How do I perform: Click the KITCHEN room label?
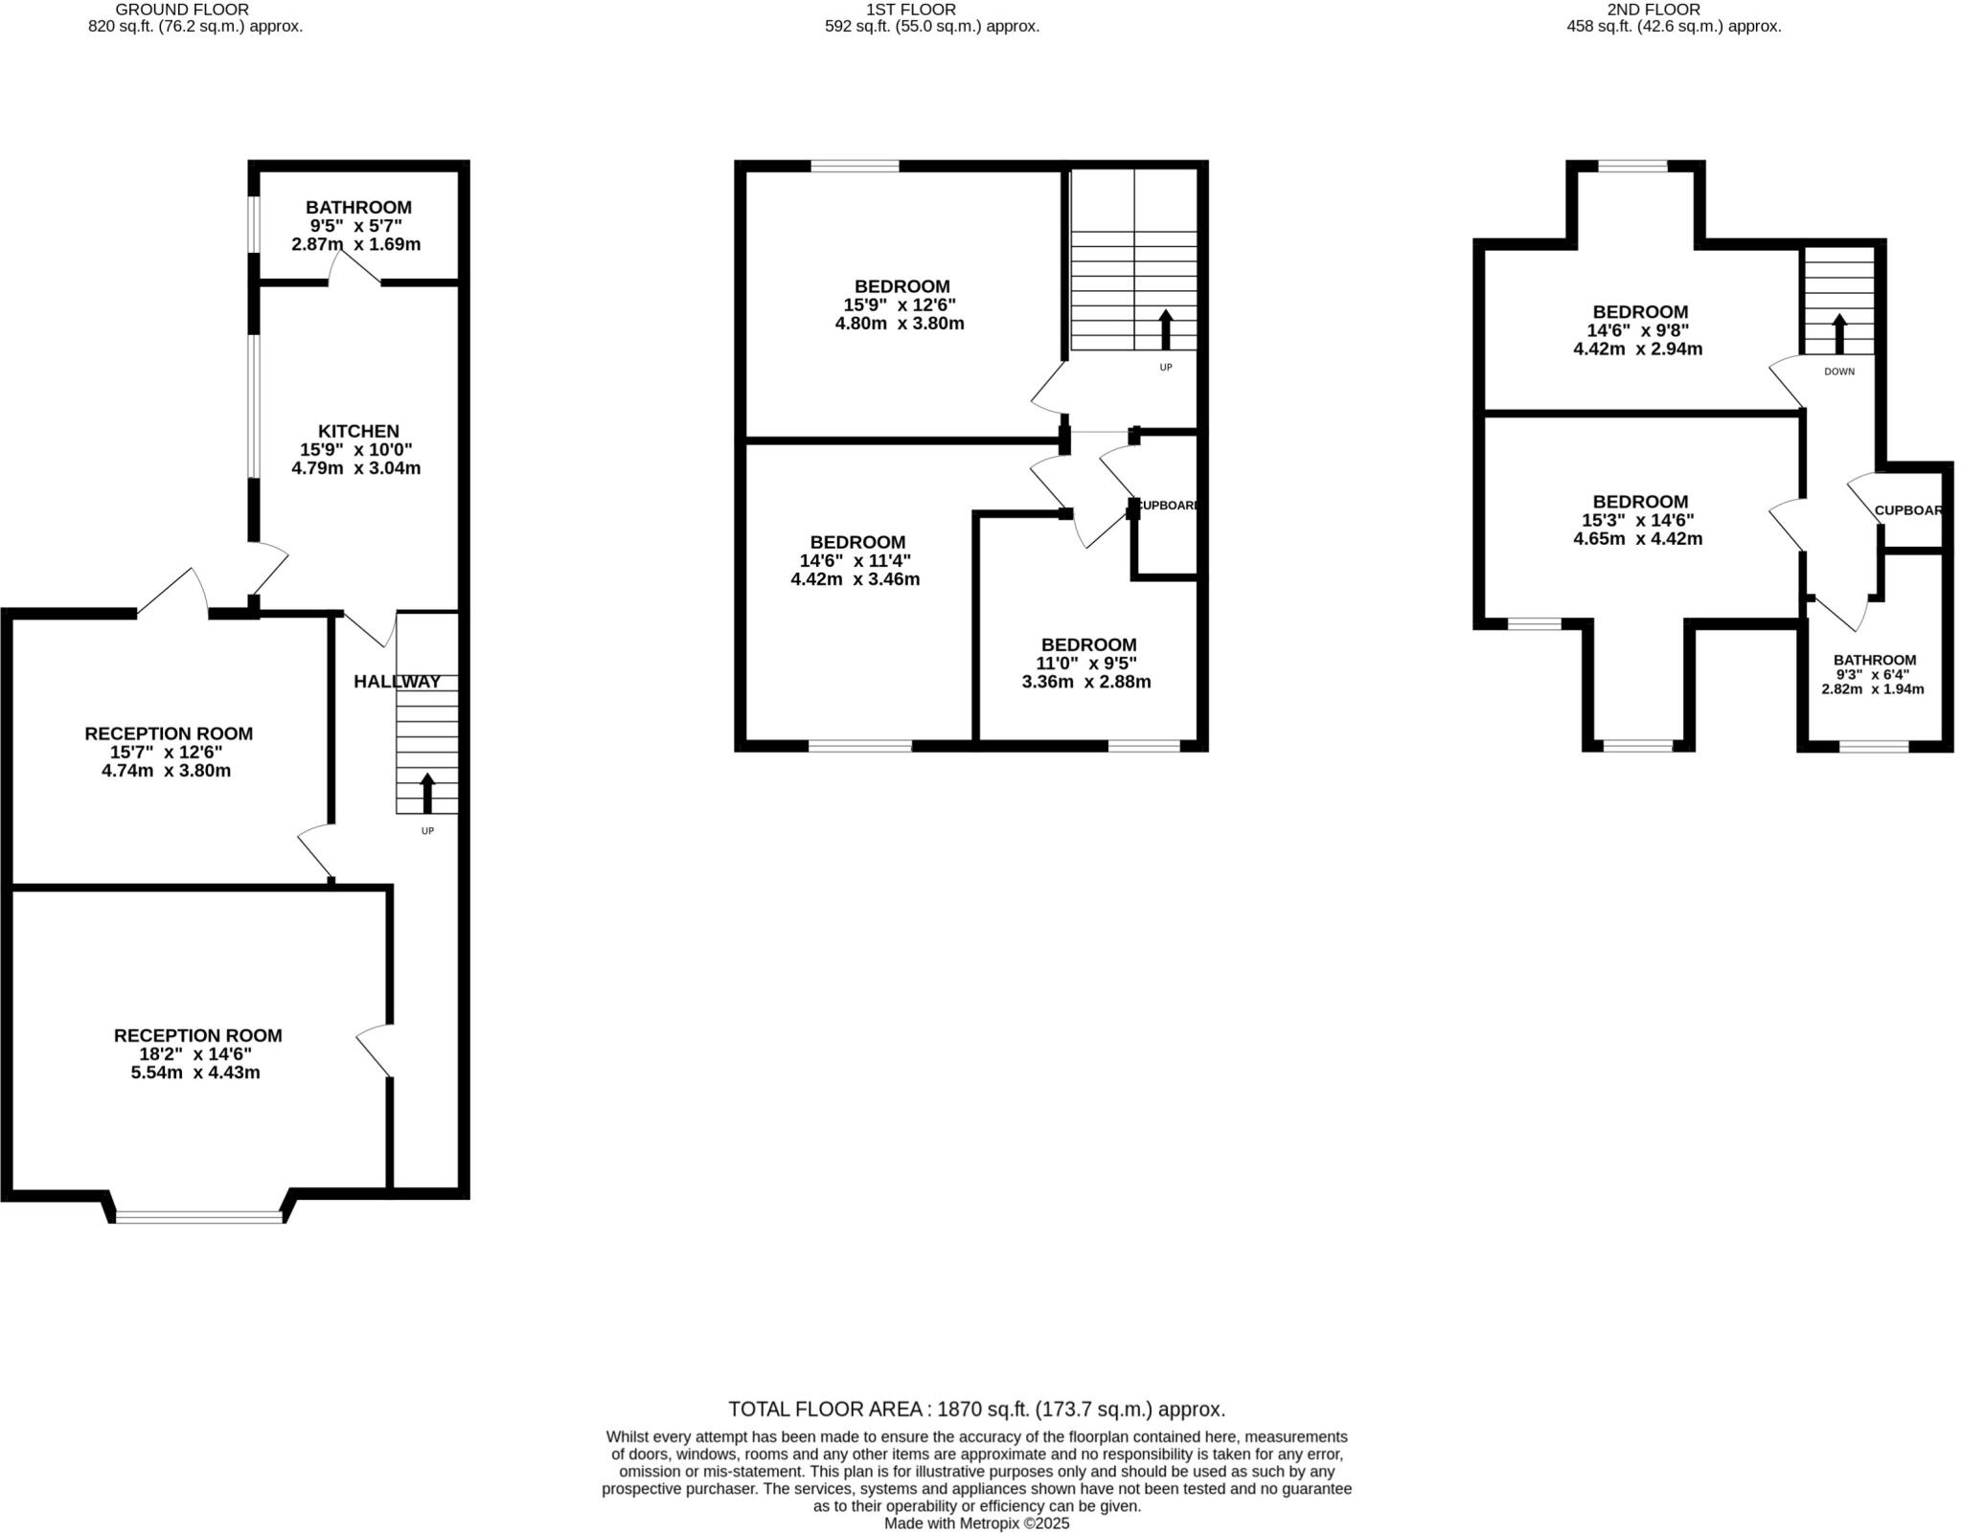click(358, 431)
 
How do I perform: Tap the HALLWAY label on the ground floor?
click(397, 682)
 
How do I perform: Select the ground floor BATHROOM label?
click(358, 207)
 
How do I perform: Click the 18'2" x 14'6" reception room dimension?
click(197, 1053)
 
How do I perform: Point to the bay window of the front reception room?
click(199, 1216)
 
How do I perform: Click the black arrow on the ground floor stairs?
click(427, 793)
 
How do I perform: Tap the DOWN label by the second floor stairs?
click(1838, 372)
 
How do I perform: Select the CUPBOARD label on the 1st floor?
click(1167, 505)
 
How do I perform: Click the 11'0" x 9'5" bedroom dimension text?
click(1088, 664)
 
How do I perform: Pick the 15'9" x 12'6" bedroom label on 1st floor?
click(901, 286)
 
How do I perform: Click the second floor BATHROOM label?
click(1874, 660)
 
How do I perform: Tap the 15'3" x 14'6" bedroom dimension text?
click(1639, 520)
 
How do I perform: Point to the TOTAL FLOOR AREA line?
click(976, 1409)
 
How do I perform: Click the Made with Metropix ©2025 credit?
click(976, 1522)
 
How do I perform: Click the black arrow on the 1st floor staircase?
click(1165, 329)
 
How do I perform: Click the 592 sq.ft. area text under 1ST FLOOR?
click(931, 27)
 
